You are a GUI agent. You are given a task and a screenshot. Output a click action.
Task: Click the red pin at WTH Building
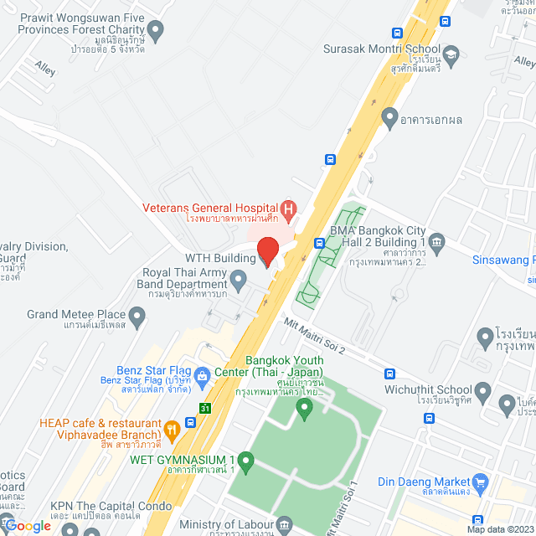click(x=267, y=250)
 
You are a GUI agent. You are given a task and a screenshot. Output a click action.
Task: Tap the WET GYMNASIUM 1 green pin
click(x=245, y=460)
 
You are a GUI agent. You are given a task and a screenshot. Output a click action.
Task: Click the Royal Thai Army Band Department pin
click(x=239, y=278)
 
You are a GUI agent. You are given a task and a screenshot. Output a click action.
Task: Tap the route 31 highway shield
click(x=205, y=408)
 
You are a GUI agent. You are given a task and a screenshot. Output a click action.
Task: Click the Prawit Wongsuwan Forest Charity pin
click(x=155, y=28)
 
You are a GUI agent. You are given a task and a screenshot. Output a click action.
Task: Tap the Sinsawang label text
click(x=502, y=260)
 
